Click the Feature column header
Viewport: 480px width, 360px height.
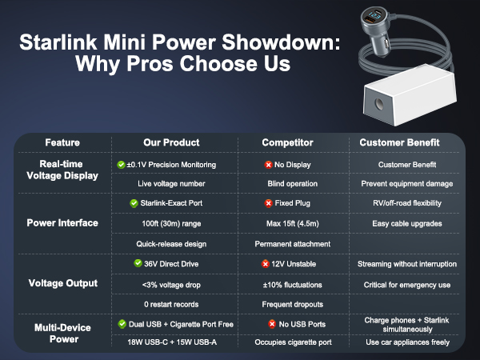[x=62, y=142]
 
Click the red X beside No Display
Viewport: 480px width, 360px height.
[x=268, y=165]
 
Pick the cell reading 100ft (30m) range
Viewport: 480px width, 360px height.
[x=169, y=223]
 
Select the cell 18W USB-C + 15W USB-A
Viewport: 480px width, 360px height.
[x=169, y=342]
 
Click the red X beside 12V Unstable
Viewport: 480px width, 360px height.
[x=264, y=264]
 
